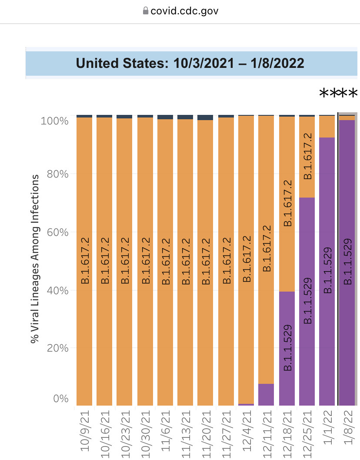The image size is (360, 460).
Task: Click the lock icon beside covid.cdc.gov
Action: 145,11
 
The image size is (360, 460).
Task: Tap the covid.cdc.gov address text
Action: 184,11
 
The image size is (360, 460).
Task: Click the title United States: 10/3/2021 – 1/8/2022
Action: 190,63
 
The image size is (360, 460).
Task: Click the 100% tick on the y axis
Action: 54,121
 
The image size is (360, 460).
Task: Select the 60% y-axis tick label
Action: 57,232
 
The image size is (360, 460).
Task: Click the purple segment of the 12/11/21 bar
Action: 266,394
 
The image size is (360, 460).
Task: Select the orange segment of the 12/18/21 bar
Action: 287,205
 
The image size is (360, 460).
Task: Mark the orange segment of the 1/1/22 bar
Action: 327,127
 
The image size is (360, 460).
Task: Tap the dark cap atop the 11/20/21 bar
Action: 205,118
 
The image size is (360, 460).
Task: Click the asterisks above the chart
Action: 338,94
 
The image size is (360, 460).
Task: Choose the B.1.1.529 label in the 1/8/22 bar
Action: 347,261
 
